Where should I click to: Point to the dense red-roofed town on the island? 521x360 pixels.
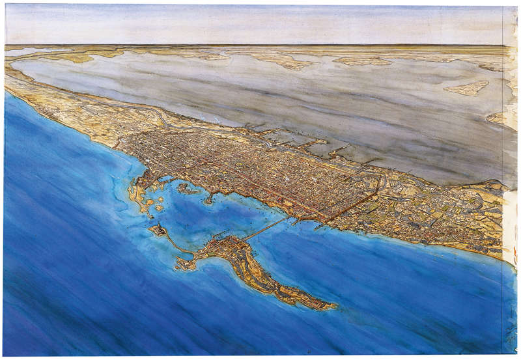[x=225, y=247]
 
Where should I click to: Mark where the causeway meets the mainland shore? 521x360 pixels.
[x=290, y=217]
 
